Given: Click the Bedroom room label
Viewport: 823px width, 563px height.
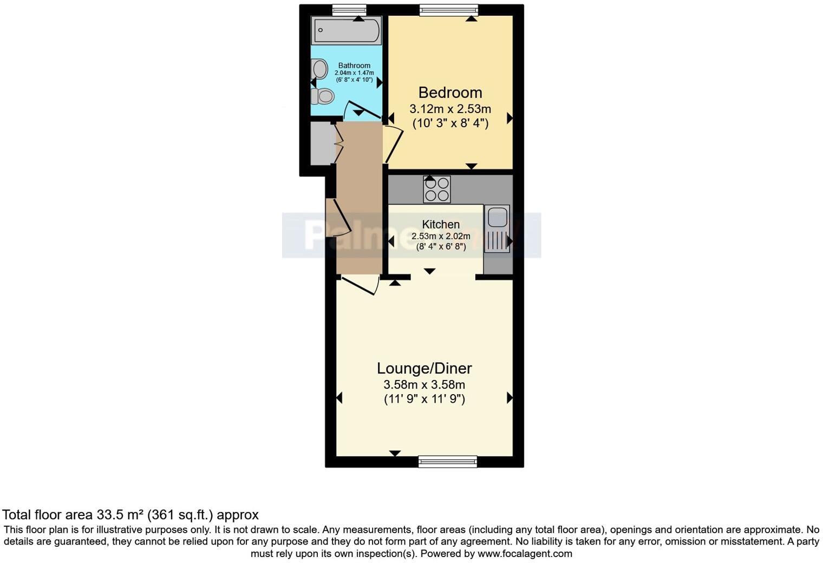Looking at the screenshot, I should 450,93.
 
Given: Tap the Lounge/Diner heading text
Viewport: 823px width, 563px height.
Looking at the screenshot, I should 424,369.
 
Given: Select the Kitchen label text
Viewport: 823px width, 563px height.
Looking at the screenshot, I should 441,224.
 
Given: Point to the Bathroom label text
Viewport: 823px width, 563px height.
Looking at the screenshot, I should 354,66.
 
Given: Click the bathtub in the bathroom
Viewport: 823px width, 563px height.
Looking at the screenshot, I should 346,30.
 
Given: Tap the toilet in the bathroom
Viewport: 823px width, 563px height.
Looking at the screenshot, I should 322,96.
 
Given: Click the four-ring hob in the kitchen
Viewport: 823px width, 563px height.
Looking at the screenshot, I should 436,189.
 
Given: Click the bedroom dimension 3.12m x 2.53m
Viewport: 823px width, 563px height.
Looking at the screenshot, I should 450,109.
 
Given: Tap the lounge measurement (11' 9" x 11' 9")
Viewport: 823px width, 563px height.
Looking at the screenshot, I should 424,400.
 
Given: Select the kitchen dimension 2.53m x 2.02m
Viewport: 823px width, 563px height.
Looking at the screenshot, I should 441,236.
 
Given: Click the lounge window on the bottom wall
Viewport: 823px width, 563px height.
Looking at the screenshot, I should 447,461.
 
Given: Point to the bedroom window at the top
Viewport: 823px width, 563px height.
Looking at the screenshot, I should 449,10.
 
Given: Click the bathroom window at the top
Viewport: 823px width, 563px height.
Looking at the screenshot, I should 349,10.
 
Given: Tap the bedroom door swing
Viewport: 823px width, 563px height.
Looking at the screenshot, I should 394,143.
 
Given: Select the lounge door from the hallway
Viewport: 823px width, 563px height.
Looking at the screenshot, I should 359,285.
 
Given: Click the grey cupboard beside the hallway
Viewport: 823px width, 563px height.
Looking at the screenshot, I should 319,143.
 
